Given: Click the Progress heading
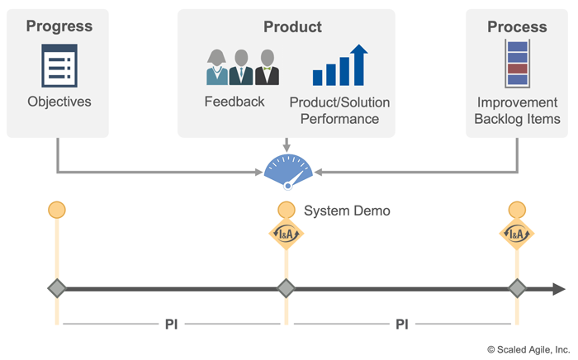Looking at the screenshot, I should (x=59, y=26).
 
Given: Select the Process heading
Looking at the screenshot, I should (x=517, y=26).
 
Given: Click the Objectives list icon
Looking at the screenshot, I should (x=59, y=65).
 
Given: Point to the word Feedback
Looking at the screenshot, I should (x=235, y=102).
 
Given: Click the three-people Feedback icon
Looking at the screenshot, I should (x=243, y=67).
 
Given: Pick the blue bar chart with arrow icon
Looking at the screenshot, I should (x=339, y=66).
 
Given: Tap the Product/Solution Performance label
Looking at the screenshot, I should (x=339, y=111).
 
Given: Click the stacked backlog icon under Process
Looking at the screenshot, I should (x=517, y=64).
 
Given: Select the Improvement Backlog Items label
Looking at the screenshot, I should (x=518, y=111).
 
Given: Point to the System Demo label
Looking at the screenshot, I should (x=347, y=211).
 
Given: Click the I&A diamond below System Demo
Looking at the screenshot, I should (x=286, y=234).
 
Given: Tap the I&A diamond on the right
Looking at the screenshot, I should (x=517, y=234).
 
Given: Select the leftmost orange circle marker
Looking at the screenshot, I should (x=57, y=210).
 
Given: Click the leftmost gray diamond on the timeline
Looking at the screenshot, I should (x=57, y=289).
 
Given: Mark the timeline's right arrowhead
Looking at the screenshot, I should (x=559, y=289).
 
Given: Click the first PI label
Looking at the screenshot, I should (x=171, y=324).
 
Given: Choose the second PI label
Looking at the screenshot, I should (x=401, y=324).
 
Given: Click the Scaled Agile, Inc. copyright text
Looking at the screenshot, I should (x=528, y=349).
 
